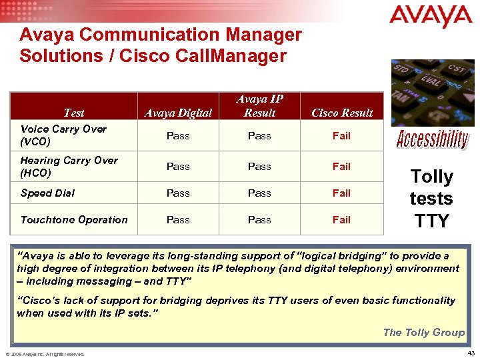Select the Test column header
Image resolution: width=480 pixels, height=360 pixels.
point(73,113)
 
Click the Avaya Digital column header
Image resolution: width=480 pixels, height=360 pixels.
point(178,113)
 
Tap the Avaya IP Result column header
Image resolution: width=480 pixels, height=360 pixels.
point(259,106)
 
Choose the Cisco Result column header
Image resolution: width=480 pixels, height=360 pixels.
point(342,113)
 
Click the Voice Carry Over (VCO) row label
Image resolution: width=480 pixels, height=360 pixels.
point(63,135)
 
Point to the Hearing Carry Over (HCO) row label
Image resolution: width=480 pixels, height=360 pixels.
point(69,166)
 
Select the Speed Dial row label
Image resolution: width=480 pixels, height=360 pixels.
point(47,193)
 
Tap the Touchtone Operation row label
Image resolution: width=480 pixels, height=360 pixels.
point(74,219)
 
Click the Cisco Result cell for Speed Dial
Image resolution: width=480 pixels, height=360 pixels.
point(341,193)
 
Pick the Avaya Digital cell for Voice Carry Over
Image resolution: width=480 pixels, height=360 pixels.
point(178,135)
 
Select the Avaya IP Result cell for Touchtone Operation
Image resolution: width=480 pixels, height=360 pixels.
point(259,219)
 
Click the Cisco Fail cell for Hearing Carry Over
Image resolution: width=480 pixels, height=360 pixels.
point(341,166)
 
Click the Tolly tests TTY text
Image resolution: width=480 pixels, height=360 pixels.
point(431,199)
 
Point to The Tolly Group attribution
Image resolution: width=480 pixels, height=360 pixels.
point(423,332)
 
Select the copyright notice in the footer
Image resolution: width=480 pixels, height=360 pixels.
point(45,354)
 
